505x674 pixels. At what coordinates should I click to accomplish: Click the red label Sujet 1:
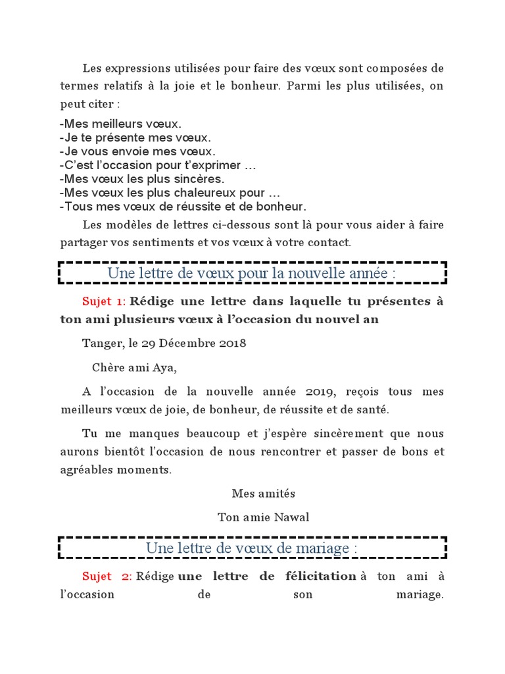103,301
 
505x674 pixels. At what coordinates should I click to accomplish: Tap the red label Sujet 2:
107,577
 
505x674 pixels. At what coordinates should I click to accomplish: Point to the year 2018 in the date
233,343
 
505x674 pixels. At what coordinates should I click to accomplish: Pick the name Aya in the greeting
167,367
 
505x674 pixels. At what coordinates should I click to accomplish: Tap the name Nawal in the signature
295,517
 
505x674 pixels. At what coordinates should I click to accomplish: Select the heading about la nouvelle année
252,273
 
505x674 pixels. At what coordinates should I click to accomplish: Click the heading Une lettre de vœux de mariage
252,548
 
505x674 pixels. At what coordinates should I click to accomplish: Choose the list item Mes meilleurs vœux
120,124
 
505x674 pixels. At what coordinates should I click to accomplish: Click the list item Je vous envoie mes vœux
137,151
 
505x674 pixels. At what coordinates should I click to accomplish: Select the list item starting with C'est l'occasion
157,165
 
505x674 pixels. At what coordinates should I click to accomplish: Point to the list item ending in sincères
141,179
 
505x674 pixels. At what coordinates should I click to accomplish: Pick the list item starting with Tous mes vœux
174,207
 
